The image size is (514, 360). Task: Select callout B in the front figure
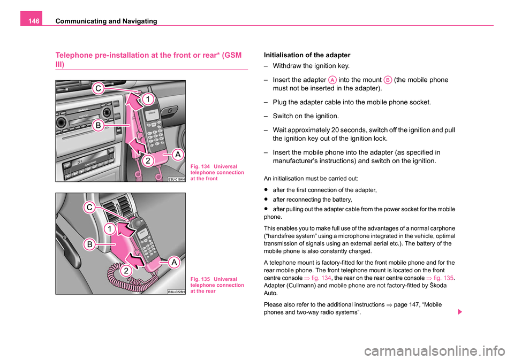tap(100, 125)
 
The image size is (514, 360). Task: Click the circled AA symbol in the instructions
tap(332, 79)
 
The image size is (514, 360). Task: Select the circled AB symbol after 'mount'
tap(387, 79)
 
